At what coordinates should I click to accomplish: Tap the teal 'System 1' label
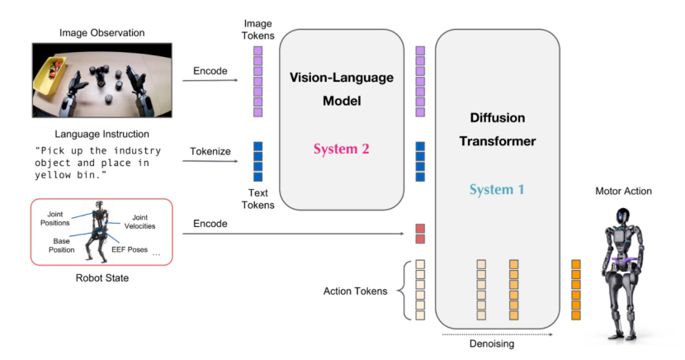click(496, 190)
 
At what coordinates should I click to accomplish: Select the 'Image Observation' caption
click(102, 33)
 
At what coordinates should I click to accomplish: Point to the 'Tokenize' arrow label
click(209, 151)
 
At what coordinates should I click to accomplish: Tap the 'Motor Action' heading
click(623, 192)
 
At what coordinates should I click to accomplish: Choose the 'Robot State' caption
click(102, 277)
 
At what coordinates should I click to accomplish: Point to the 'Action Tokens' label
click(356, 290)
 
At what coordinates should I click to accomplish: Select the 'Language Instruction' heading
click(102, 134)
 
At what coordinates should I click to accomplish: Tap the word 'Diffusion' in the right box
click(496, 118)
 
